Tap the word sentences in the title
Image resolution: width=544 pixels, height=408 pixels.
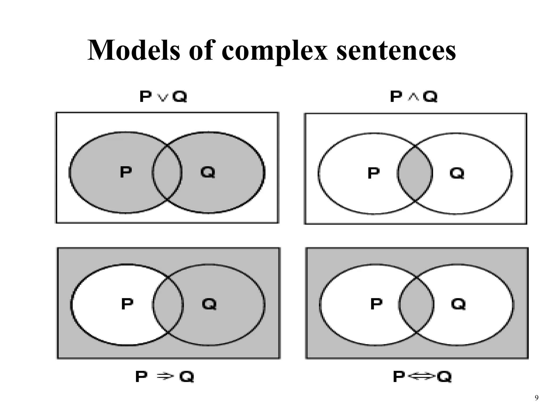[396, 50]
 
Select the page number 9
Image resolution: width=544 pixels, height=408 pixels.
[536, 398]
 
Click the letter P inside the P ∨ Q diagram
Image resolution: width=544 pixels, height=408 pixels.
[126, 172]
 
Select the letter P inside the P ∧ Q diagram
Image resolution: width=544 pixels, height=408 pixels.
[373, 173]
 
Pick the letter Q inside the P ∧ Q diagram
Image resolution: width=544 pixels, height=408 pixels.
[457, 173]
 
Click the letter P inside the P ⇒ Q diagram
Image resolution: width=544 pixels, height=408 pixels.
[127, 304]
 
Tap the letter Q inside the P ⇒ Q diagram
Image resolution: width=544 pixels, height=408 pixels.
[209, 304]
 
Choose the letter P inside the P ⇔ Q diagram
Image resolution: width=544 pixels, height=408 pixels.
[376, 304]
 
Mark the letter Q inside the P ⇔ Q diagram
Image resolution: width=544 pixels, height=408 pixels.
[458, 304]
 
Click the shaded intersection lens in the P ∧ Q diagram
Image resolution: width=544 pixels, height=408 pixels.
[415, 173]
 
